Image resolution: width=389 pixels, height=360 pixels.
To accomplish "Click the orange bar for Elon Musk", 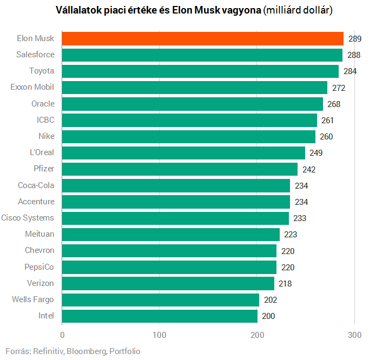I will coord(203,38).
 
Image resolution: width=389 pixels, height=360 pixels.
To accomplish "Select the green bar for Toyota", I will coord(200,71).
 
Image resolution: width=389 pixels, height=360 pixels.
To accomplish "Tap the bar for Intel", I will coord(160,316).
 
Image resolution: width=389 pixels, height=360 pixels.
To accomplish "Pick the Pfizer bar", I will coord(180,169).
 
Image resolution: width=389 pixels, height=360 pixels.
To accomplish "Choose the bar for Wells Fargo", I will coord(161,299).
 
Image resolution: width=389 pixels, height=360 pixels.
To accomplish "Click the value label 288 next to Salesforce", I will coord(354,55).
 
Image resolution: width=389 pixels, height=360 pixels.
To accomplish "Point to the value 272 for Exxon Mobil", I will coord(339,88).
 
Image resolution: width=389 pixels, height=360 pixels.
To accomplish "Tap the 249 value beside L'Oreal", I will coord(316,153).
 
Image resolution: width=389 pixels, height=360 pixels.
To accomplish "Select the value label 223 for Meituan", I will coord(291,235).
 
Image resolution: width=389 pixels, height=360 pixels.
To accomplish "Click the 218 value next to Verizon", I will coord(286,283).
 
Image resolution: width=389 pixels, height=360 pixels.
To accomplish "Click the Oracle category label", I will coord(43,104).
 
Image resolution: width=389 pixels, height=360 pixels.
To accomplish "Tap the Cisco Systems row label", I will coord(28,218).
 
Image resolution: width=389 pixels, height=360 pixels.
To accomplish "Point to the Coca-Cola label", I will coord(36,185).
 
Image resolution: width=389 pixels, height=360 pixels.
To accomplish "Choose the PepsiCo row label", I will coord(39,267).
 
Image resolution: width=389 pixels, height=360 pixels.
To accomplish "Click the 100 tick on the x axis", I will coord(160,335).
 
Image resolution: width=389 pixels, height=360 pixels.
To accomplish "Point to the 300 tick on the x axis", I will coord(354,335).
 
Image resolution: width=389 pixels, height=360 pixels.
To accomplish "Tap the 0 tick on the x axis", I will coord(62,335).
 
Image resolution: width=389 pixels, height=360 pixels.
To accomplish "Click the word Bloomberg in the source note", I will coord(87,351).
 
